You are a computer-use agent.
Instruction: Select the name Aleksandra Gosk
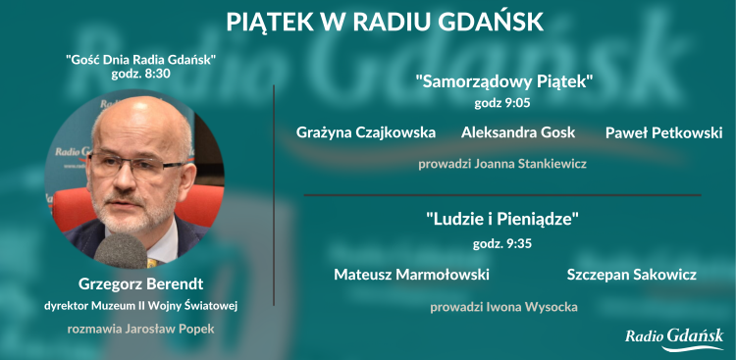pos(518,132)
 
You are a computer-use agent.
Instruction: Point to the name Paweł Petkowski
pos(663,132)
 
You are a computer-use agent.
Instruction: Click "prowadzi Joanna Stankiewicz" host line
pos(502,164)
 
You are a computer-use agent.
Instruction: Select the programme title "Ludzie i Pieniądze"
pos(502,221)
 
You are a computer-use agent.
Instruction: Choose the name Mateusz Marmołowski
pos(411,275)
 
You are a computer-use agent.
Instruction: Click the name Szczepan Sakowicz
pos(631,275)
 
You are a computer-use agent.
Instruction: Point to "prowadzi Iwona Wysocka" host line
pos(503,307)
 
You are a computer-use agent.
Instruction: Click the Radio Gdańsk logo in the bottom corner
pos(674,338)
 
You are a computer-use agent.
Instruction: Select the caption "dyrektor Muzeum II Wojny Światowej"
pos(141,307)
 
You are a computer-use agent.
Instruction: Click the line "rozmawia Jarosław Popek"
pos(140,329)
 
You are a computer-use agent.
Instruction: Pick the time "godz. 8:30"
pos(141,75)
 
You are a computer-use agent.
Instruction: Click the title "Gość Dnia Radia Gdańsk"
pos(141,60)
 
